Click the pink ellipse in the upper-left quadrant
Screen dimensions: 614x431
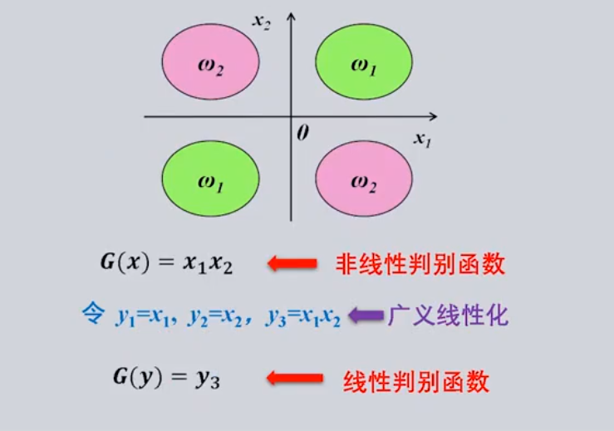[210, 63]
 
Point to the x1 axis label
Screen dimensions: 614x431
[423, 139]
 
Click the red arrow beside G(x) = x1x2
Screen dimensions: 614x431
[292, 264]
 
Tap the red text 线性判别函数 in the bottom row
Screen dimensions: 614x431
[416, 380]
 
